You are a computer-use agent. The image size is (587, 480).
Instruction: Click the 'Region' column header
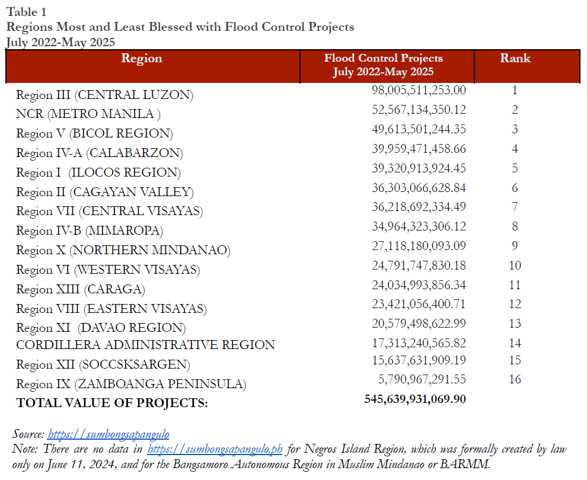[x=141, y=59]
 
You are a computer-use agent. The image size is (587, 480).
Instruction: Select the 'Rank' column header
[x=515, y=59]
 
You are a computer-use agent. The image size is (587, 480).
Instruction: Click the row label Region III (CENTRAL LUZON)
[x=104, y=95]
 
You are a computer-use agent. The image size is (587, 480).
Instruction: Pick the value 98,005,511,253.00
[x=419, y=90]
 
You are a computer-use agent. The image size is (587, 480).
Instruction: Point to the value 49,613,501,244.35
[x=419, y=129]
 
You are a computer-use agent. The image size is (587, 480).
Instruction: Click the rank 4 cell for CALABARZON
[x=515, y=149]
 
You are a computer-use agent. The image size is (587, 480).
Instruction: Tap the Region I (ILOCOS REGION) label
[x=98, y=172]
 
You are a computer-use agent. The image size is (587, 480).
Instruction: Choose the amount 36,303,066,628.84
[x=419, y=188]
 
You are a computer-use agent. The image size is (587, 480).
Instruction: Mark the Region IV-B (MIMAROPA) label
[x=90, y=231]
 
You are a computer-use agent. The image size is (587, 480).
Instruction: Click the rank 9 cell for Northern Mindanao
[x=515, y=246]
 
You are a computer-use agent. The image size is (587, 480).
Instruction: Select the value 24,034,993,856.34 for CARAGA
[x=419, y=285]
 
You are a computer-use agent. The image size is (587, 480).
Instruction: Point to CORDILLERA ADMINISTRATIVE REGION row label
[x=145, y=344]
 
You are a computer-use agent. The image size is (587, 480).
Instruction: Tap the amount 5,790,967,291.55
[x=422, y=379]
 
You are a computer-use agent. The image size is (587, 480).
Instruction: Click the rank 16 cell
[x=515, y=379]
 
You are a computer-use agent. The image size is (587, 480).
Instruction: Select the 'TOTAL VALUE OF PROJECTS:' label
[x=112, y=403]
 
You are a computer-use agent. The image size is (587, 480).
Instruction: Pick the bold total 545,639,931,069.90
[x=415, y=399]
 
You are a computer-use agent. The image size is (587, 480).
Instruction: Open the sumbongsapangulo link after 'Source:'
[x=108, y=434]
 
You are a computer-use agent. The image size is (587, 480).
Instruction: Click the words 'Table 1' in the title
[x=27, y=12]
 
